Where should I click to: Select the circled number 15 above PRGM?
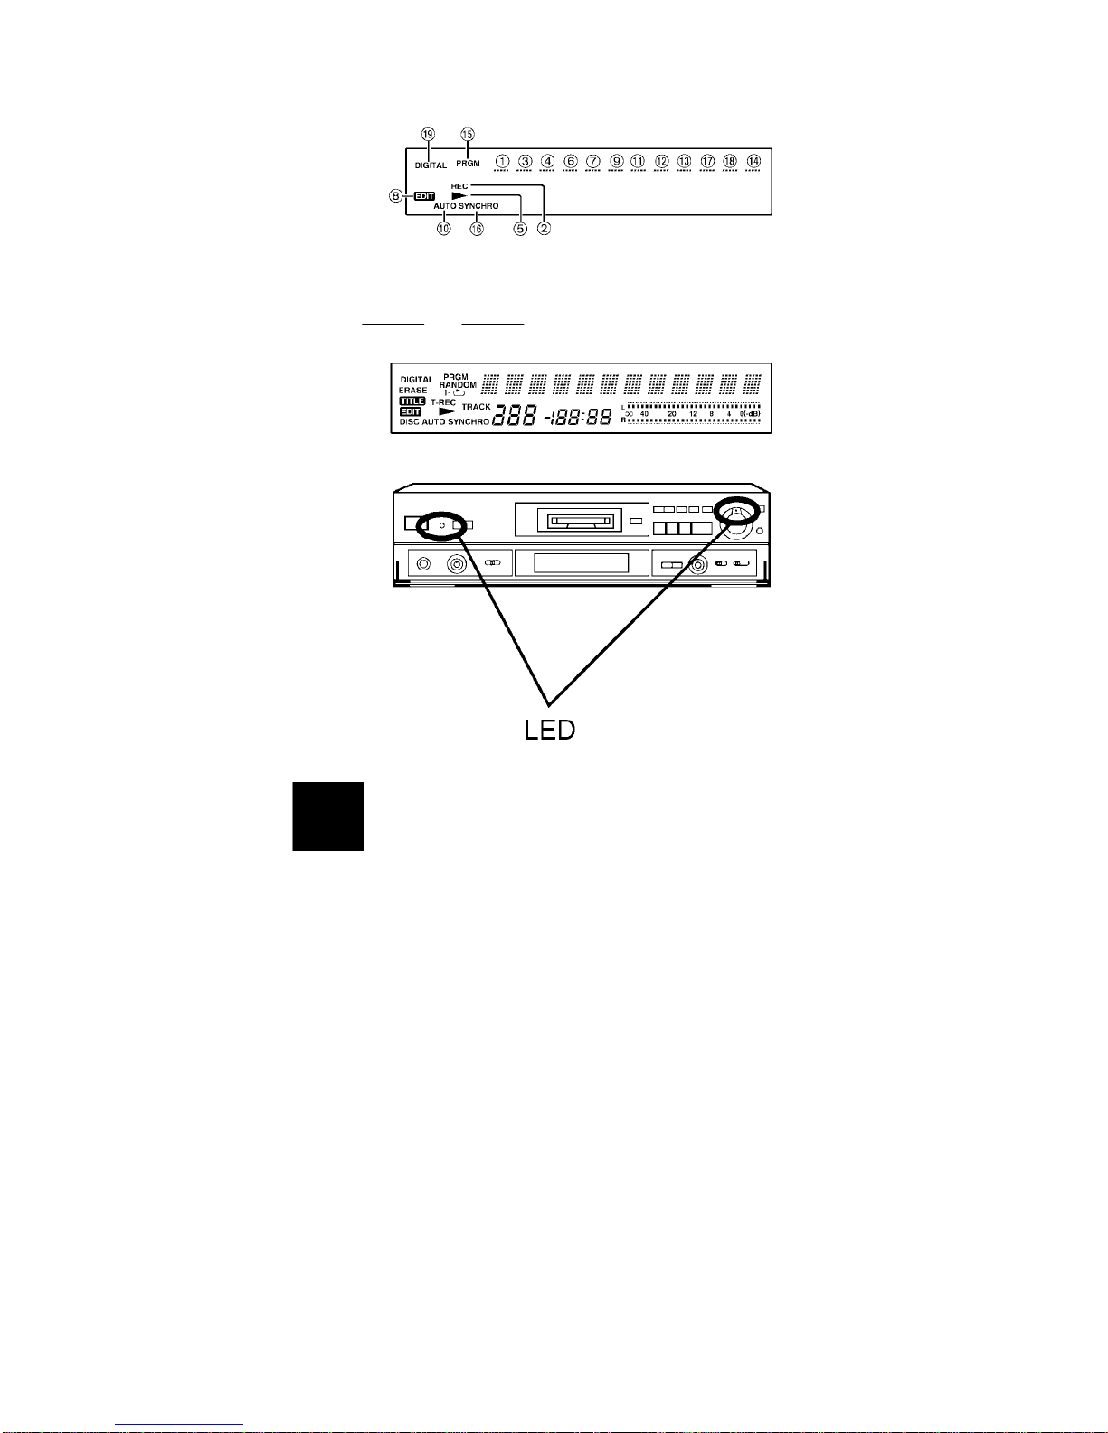pyautogui.click(x=468, y=134)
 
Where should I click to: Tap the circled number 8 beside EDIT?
pyautogui.click(x=396, y=195)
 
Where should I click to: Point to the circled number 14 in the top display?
pyautogui.click(x=753, y=161)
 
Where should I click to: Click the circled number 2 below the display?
pyautogui.click(x=544, y=229)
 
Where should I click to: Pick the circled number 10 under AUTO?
pyautogui.click(x=443, y=229)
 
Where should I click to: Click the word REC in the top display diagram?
pyautogui.click(x=459, y=186)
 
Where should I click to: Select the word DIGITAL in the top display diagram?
pyautogui.click(x=431, y=166)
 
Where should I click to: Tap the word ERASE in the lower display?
pyautogui.click(x=413, y=391)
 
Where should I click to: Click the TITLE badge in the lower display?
pyautogui.click(x=412, y=401)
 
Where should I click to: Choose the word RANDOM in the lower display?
pyautogui.click(x=458, y=385)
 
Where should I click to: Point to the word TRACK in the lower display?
pyautogui.click(x=476, y=407)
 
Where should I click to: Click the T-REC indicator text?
pyautogui.click(x=443, y=402)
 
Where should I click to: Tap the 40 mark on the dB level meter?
pyautogui.click(x=645, y=414)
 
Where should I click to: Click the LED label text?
pyautogui.click(x=549, y=730)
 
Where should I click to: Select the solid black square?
pyautogui.click(x=327, y=816)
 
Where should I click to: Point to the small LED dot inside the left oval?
pyautogui.click(x=440, y=523)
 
